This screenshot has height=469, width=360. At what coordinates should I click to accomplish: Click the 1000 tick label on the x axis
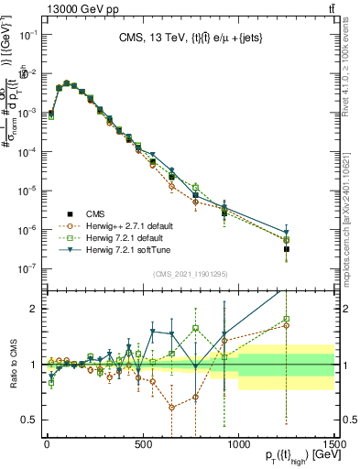coord(238,446)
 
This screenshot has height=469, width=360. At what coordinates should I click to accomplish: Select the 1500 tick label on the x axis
coord(333,446)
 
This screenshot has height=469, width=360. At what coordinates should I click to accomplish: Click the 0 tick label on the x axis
coord(47,446)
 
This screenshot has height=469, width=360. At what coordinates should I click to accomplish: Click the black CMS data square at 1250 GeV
coord(286,248)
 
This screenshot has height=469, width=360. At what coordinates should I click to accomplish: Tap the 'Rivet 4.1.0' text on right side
coord(349,55)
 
